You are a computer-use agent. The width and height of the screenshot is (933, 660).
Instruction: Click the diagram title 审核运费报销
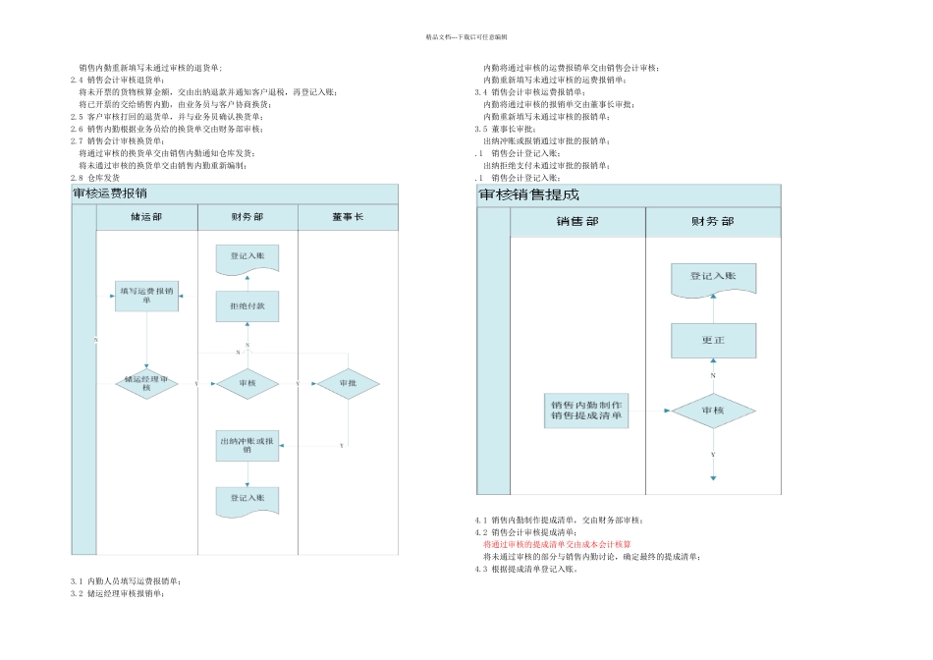[110, 193]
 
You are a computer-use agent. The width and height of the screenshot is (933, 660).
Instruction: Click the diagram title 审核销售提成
[529, 195]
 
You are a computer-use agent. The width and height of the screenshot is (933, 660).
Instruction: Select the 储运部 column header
[146, 218]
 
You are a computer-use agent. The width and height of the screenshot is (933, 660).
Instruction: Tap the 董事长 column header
[348, 218]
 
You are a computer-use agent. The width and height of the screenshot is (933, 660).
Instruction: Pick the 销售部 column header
[576, 222]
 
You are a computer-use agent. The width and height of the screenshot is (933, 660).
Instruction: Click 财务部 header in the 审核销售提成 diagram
[712, 222]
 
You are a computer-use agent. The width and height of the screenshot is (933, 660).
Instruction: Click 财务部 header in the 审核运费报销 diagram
[247, 218]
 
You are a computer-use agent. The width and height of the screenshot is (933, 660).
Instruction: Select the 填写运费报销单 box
[146, 296]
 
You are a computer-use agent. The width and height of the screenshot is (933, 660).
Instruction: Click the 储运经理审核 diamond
[146, 383]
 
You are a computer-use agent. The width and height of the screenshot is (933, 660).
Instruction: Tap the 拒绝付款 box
[247, 305]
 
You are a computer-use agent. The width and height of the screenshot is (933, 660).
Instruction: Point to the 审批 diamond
[348, 383]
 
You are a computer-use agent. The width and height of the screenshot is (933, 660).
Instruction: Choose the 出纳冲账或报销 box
[247, 445]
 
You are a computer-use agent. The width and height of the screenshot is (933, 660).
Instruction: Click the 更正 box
[712, 341]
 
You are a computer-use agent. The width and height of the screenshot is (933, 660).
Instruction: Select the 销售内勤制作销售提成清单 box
[586, 410]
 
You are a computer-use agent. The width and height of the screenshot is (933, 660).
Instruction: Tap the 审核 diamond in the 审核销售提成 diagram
[712, 410]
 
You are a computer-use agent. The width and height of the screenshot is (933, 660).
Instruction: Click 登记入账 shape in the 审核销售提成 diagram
[712, 278]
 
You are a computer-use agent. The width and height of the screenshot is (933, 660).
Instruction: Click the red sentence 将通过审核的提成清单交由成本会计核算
[556, 544]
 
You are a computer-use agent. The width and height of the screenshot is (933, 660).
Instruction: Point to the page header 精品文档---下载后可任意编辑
[466, 36]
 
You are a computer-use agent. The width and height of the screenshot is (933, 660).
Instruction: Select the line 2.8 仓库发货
[95, 178]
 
